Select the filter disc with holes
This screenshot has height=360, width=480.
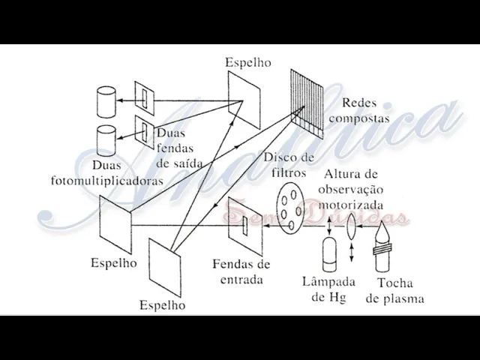click(x=289, y=203)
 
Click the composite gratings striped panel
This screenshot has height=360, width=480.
click(x=307, y=106)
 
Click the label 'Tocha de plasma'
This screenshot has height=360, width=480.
click(x=394, y=291)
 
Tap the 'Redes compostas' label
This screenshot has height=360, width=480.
click(x=365, y=110)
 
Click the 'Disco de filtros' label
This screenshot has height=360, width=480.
click(x=289, y=164)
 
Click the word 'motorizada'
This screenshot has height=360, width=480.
click(x=351, y=205)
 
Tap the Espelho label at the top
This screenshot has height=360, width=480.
click(x=247, y=63)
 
